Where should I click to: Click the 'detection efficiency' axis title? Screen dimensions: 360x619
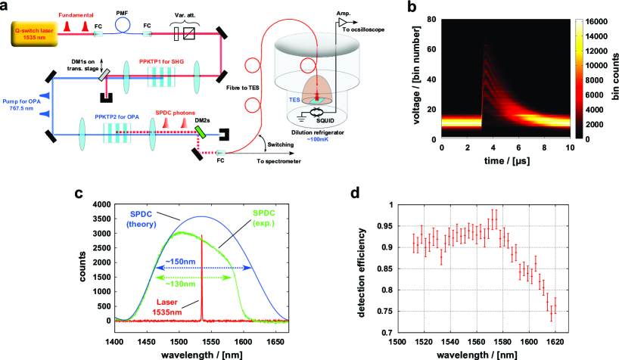point(347,268)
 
